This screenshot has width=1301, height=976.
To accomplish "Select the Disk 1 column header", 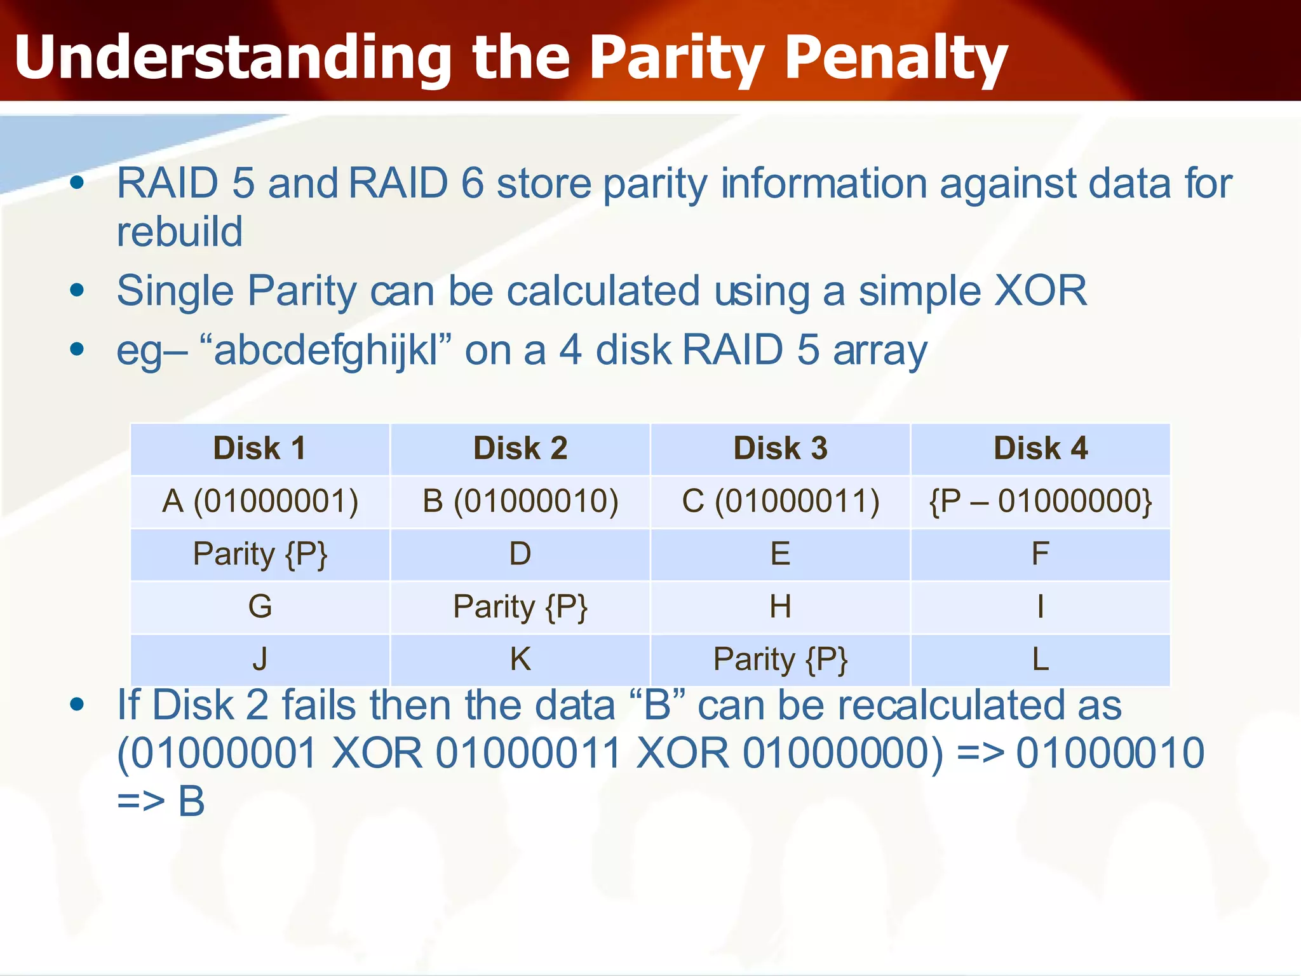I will tap(259, 449).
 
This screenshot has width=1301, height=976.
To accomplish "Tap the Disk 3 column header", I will tap(780, 449).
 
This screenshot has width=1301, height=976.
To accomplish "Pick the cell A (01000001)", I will tap(259, 501).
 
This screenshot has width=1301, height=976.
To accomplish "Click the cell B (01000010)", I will tap(520, 501).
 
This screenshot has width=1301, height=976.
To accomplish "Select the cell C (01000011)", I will tap(780, 501).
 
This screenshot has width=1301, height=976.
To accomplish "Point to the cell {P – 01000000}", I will tap(1040, 501).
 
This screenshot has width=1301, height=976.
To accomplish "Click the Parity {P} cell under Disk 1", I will tap(259, 554).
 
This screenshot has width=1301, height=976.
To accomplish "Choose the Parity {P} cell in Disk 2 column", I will tap(520, 607).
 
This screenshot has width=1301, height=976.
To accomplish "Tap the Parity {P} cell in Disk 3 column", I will tap(780, 660).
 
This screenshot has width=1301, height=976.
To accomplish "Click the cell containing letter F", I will tap(1040, 554).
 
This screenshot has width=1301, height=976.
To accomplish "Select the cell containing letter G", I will tap(259, 607).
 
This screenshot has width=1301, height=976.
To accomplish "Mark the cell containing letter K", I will tap(520, 660).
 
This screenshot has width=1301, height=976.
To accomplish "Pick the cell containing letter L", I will tap(1040, 660).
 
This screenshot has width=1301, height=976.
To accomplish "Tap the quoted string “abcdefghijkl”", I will tap(325, 351).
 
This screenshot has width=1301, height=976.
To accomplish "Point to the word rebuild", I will tap(180, 231).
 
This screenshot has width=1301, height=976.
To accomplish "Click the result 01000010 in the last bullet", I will tap(1110, 754).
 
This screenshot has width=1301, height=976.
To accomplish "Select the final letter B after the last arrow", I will tap(191, 802).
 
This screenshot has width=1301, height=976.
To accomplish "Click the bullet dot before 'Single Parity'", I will tap(77, 291).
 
